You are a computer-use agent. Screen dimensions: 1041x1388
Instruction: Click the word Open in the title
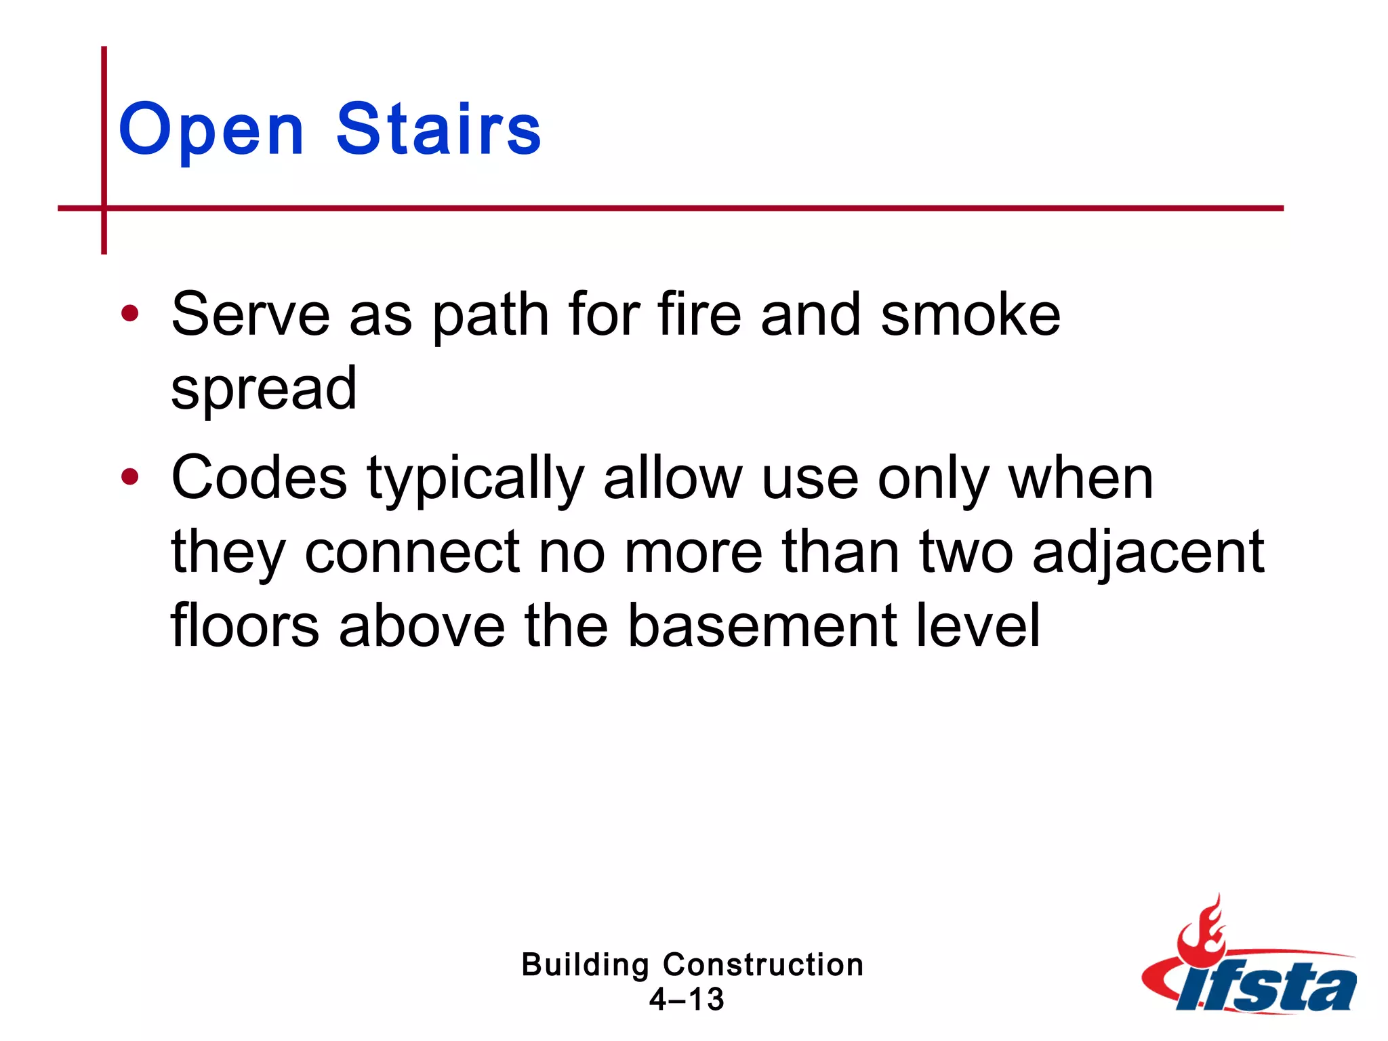(x=211, y=130)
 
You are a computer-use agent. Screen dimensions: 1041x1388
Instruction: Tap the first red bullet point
(x=129, y=314)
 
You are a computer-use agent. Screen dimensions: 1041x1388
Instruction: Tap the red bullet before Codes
(x=129, y=477)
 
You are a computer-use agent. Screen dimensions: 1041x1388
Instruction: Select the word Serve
(x=250, y=314)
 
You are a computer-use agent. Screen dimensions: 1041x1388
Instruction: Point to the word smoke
(x=970, y=314)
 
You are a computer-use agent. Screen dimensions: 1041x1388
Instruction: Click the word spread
(x=264, y=389)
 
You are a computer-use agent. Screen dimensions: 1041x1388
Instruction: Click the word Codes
(x=259, y=478)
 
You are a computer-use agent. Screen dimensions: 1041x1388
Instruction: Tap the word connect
(x=412, y=552)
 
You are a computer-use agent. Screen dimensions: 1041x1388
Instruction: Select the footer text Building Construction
(x=692, y=964)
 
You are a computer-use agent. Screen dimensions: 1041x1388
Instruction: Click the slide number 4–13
(x=687, y=1000)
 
